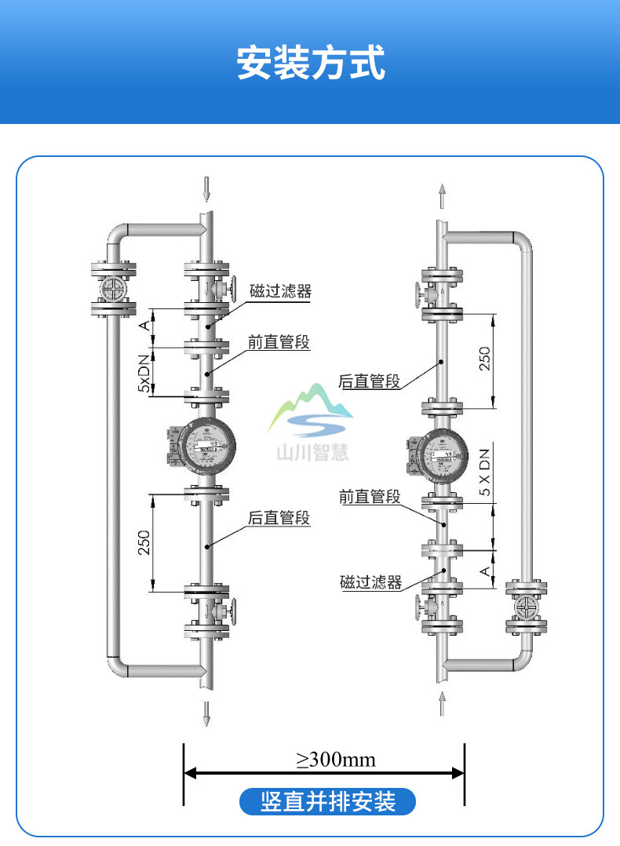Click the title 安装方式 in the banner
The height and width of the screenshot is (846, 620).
tap(311, 64)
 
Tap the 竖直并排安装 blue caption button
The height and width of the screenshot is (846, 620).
tap(327, 802)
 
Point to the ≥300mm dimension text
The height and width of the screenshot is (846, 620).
tap(335, 760)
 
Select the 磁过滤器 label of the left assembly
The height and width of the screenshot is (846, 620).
tap(280, 290)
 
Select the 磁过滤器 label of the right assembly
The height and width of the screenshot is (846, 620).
tap(370, 582)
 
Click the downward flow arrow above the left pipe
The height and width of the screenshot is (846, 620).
tap(206, 189)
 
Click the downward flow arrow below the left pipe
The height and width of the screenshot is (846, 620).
tap(207, 712)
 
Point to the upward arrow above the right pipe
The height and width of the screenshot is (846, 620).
tap(443, 195)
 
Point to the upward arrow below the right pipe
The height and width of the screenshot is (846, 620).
tap(443, 703)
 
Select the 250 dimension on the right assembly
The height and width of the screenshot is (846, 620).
tap(484, 359)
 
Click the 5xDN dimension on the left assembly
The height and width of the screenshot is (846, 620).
tap(144, 373)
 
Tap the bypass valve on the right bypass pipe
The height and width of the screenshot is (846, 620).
tap(525, 608)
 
